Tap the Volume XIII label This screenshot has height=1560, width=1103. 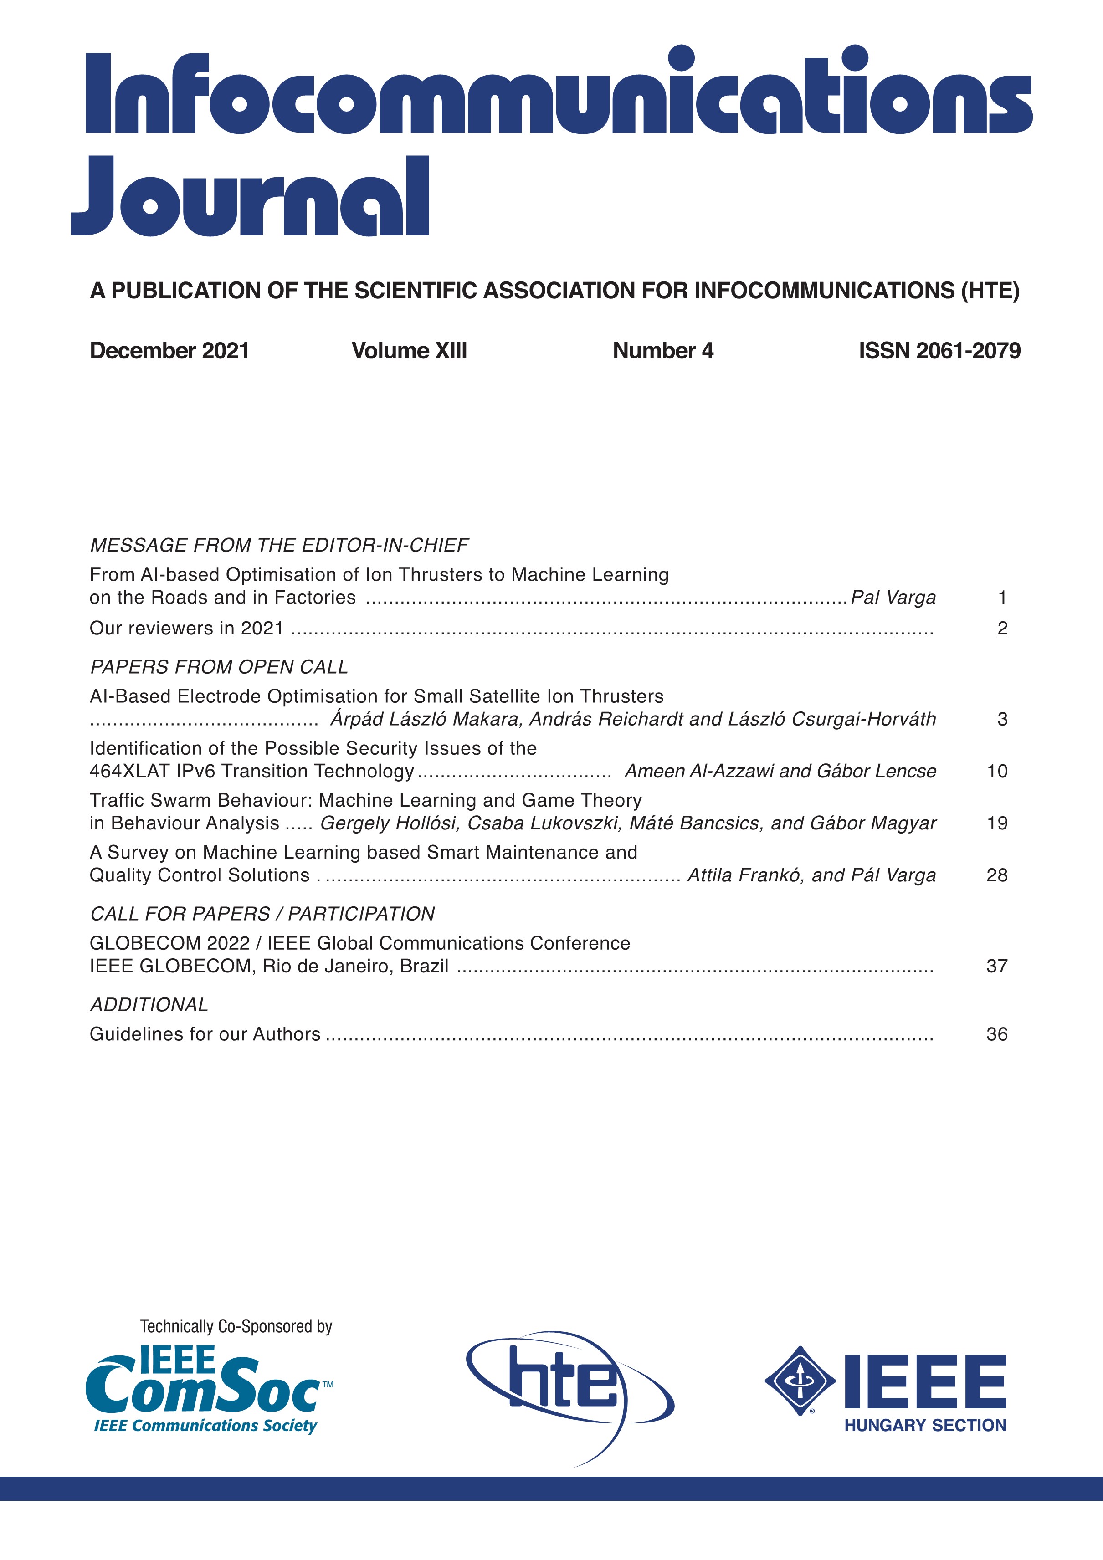pyautogui.click(x=409, y=351)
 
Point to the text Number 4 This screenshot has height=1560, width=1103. pyautogui.click(x=662, y=351)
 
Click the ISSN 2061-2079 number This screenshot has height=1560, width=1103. pyautogui.click(x=939, y=351)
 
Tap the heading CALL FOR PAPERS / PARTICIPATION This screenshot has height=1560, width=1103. pyautogui.click(x=262, y=913)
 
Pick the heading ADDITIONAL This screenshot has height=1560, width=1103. pyautogui.click(x=149, y=1004)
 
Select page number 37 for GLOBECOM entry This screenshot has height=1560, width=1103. pyautogui.click(x=996, y=966)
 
